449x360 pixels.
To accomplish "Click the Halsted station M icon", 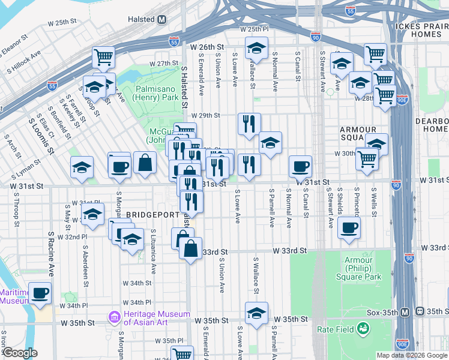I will pos(161,19).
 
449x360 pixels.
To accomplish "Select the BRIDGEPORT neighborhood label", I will pos(152,215).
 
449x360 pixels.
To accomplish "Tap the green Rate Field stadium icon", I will pos(363,328).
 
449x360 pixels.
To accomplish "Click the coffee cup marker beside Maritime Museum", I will pos(40,293).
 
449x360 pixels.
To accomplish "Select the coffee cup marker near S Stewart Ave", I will pos(348,227).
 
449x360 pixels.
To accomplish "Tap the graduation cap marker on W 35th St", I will pos(256,313).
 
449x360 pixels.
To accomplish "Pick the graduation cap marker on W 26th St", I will pos(256,48).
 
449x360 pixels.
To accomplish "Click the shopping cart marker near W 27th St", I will pos(103,57).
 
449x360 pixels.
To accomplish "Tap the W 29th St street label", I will pos(206,115).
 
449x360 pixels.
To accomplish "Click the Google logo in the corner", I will pos(20,353).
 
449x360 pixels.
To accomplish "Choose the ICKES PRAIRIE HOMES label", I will pos(422,30).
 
